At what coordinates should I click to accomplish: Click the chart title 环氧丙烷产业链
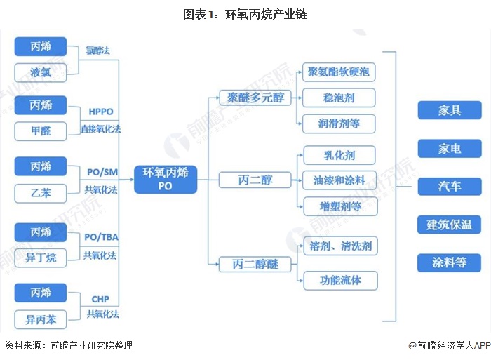pyautogui.click(x=245, y=13)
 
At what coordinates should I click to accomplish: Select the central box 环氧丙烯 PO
pyautogui.click(x=166, y=180)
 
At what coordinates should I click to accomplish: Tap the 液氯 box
pyautogui.click(x=41, y=72)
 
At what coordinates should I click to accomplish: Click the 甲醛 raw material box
pyautogui.click(x=41, y=131)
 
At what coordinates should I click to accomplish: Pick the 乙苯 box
pyautogui.click(x=41, y=191)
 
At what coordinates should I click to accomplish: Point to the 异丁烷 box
pyautogui.click(x=41, y=257)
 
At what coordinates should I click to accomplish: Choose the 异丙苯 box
pyautogui.click(x=41, y=320)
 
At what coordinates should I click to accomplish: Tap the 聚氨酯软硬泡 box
pyautogui.click(x=339, y=72)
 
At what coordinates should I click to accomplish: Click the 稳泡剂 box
pyautogui.click(x=339, y=98)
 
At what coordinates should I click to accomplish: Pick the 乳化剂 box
pyautogui.click(x=339, y=154)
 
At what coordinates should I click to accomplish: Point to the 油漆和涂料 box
pyautogui.click(x=339, y=180)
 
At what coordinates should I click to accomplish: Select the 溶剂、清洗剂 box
pyautogui.click(x=339, y=246)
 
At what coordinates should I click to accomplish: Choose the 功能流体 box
pyautogui.click(x=339, y=281)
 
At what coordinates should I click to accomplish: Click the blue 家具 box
pyautogui.click(x=450, y=111)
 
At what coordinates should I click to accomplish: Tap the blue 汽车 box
pyautogui.click(x=450, y=186)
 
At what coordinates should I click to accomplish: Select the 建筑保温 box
pyautogui.click(x=450, y=225)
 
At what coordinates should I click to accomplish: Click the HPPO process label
pyautogui.click(x=101, y=112)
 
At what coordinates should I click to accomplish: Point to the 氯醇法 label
pyautogui.click(x=98, y=51)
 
